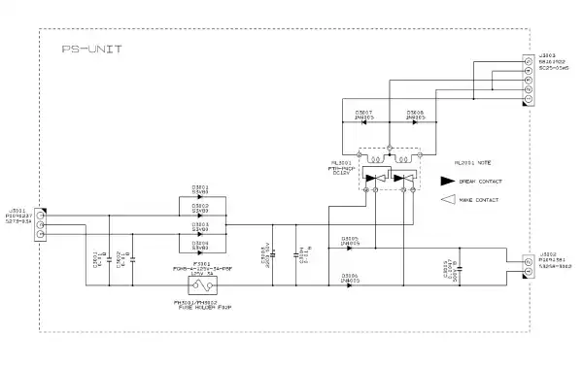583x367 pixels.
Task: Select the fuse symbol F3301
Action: [x=202, y=284]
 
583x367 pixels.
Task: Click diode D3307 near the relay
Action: [x=365, y=126]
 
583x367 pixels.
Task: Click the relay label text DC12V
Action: [x=342, y=174]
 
